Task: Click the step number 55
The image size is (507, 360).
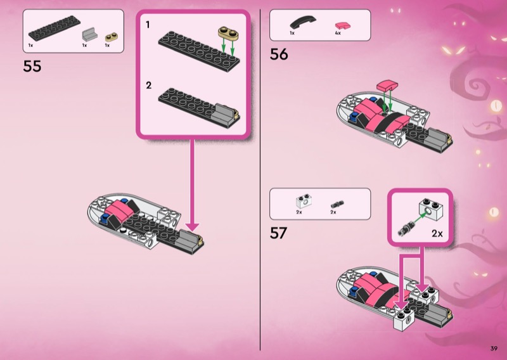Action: point(32,66)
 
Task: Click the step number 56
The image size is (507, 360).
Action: point(279,54)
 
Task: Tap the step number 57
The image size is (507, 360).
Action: point(278,233)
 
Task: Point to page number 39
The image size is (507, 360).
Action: point(494,349)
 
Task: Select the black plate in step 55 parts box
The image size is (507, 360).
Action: point(55,28)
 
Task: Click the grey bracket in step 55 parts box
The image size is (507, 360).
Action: point(90,34)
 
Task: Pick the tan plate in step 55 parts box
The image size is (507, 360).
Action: point(112,37)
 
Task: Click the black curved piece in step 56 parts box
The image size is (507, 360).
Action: point(303,22)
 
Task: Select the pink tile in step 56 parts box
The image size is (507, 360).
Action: point(343,25)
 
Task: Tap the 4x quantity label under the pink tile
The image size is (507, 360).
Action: point(338,33)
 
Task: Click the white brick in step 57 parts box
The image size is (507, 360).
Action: point(304,201)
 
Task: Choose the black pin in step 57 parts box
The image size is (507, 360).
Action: point(337,205)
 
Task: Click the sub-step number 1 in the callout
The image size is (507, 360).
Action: point(148,25)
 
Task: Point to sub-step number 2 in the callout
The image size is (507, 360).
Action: point(148,86)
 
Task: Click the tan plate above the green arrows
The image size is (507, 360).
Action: point(228,33)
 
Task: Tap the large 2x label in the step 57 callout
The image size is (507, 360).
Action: point(437,233)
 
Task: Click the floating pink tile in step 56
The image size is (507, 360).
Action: point(387,86)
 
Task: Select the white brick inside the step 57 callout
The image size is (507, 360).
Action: point(431,209)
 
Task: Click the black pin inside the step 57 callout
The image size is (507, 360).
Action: point(406,228)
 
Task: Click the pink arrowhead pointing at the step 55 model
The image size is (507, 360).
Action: point(193,227)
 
